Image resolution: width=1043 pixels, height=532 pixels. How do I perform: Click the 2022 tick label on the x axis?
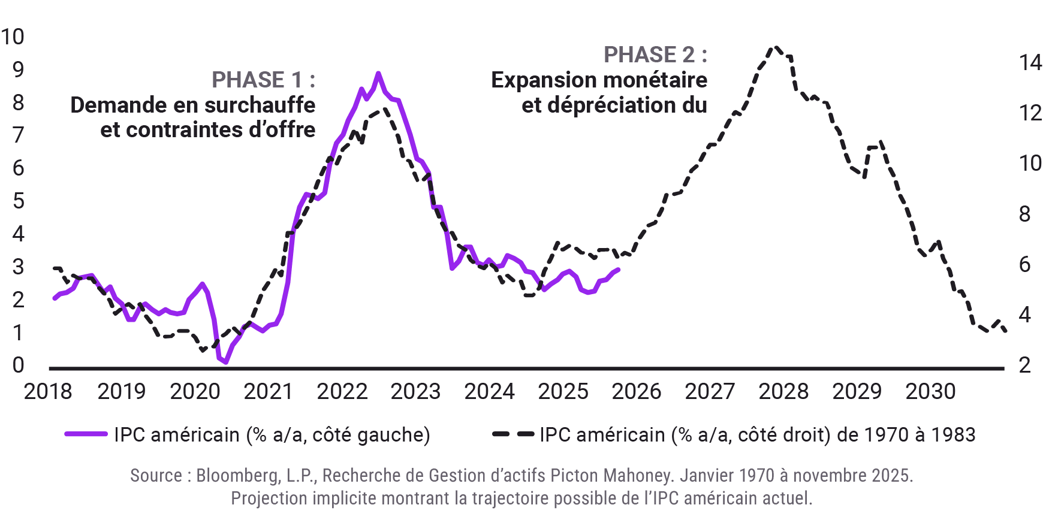[342, 392]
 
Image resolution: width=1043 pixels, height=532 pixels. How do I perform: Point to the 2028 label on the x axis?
[783, 392]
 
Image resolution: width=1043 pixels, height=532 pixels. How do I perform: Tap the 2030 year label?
[930, 392]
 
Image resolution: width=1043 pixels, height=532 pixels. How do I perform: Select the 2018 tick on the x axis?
[48, 392]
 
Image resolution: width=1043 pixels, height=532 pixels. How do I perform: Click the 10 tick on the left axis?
[13, 37]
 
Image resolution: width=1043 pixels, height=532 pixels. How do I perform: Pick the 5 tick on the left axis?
[19, 201]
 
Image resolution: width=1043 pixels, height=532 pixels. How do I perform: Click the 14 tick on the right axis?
[1030, 62]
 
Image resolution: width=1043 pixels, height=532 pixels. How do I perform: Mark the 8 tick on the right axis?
[1025, 214]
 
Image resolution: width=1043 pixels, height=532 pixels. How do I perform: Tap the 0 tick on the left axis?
[19, 365]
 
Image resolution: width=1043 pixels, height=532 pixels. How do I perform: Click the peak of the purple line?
[378, 74]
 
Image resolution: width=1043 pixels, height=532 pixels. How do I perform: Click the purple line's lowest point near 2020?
[225, 362]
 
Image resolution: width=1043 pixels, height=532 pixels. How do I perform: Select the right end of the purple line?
[618, 270]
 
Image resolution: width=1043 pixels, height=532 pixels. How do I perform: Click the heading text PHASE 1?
[263, 80]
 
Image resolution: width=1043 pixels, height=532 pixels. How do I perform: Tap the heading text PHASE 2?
[655, 55]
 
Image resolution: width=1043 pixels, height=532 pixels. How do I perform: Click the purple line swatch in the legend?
[86, 434]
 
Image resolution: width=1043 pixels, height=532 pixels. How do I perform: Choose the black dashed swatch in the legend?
[513, 434]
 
